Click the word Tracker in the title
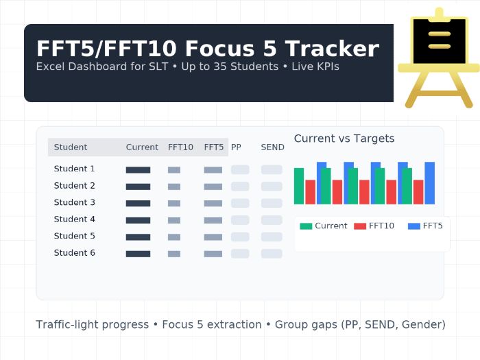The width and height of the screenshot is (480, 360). (331, 49)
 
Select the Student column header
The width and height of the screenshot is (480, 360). (71, 147)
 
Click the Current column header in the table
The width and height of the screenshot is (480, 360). (142, 147)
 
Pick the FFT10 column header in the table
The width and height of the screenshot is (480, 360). (180, 147)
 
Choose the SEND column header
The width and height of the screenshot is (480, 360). (272, 147)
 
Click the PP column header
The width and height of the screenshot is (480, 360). (236, 147)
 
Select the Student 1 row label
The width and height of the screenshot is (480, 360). (75, 169)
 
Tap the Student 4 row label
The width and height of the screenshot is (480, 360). (75, 219)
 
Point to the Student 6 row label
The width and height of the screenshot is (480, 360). (75, 253)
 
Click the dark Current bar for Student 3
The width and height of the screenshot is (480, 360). (138, 203)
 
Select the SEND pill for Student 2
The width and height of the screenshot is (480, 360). (272, 187)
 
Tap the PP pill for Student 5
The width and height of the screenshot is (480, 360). (240, 237)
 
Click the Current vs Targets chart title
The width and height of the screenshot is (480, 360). (344, 139)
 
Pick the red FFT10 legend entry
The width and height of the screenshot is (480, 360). (374, 226)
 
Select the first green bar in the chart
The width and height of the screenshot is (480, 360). (299, 186)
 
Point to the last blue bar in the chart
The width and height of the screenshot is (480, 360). (429, 183)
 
